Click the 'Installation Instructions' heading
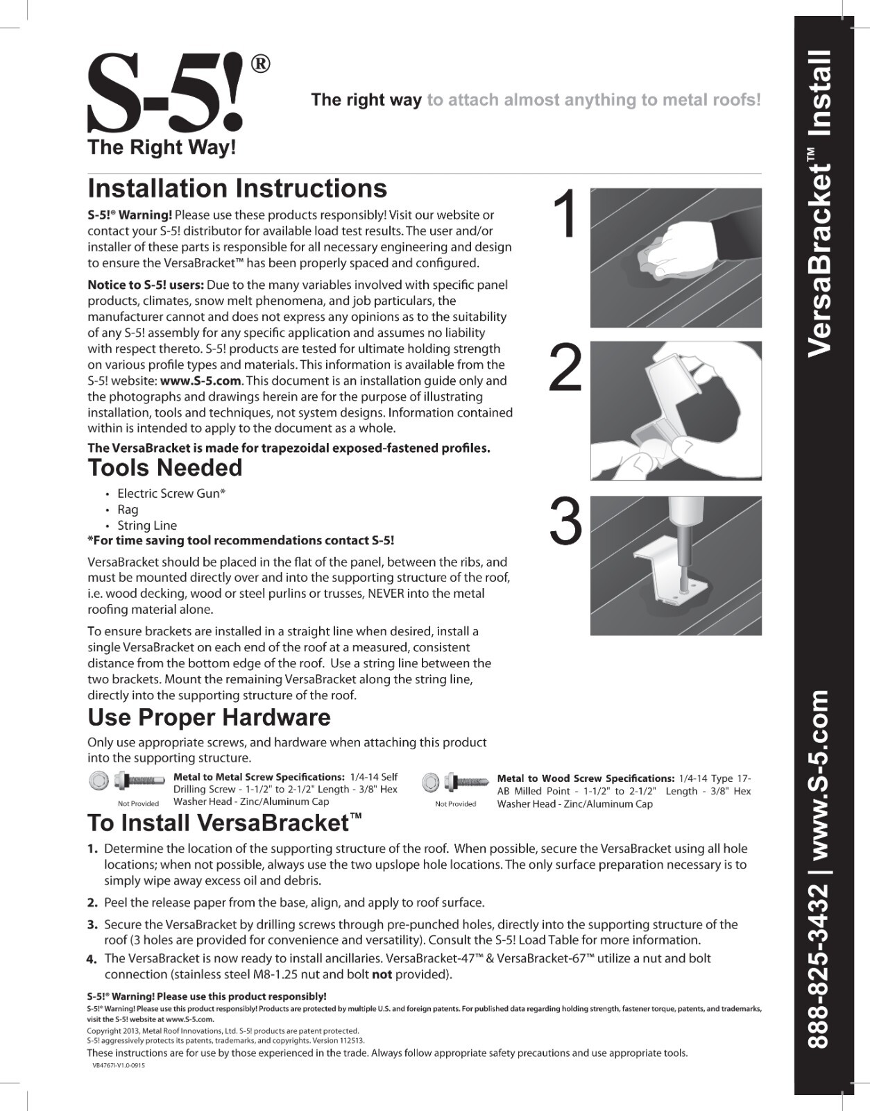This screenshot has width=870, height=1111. pos(237,189)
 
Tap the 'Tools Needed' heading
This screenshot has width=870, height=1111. pos(165,468)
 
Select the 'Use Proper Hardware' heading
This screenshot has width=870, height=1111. pos(209,717)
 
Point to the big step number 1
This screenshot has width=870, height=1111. pos(568,215)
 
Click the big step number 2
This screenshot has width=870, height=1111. pos(565,369)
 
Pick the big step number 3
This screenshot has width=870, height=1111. pos(565,523)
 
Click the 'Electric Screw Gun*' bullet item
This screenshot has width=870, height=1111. pos(171,494)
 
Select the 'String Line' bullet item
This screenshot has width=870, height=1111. pos(147,526)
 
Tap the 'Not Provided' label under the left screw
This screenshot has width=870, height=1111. pos(138,803)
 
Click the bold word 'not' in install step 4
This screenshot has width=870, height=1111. pos(382,974)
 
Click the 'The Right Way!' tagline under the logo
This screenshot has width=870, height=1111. pos(162,147)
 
